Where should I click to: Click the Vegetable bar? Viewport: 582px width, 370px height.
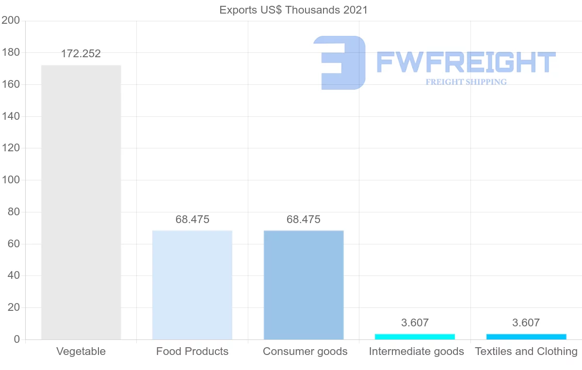point(81,202)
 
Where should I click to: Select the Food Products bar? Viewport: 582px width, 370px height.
point(192,285)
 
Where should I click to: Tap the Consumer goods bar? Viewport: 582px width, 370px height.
point(304,285)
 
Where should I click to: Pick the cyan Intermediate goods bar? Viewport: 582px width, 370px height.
point(415,337)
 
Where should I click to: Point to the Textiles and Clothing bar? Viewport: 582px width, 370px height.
point(526,337)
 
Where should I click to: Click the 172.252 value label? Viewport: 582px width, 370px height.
point(81,54)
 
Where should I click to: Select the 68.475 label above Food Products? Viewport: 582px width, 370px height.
point(193,220)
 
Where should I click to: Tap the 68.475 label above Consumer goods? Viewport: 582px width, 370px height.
point(304,220)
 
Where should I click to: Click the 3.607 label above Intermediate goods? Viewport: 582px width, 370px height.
point(415,323)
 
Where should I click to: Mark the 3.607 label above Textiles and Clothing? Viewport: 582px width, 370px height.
point(526,323)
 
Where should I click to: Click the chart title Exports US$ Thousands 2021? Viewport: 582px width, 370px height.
point(293,10)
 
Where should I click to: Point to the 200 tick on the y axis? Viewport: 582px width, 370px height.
point(10,20)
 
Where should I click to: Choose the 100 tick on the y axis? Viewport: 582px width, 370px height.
point(10,180)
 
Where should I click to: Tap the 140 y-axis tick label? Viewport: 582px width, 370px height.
point(10,116)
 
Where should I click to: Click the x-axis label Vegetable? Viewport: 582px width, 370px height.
point(81,352)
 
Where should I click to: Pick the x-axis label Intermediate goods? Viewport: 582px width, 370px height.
point(416,352)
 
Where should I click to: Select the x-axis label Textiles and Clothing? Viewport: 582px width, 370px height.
point(526,352)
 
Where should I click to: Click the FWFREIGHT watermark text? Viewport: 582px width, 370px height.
point(466,62)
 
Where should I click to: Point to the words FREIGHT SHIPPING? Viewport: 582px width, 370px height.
point(466,82)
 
